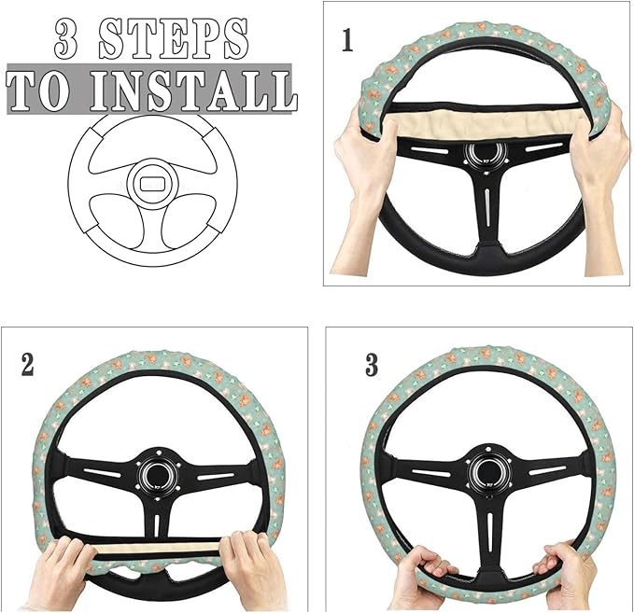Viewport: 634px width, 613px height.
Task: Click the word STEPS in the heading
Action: click(175, 40)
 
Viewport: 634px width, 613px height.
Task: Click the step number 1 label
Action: click(346, 43)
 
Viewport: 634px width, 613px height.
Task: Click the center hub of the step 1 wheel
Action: click(486, 154)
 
